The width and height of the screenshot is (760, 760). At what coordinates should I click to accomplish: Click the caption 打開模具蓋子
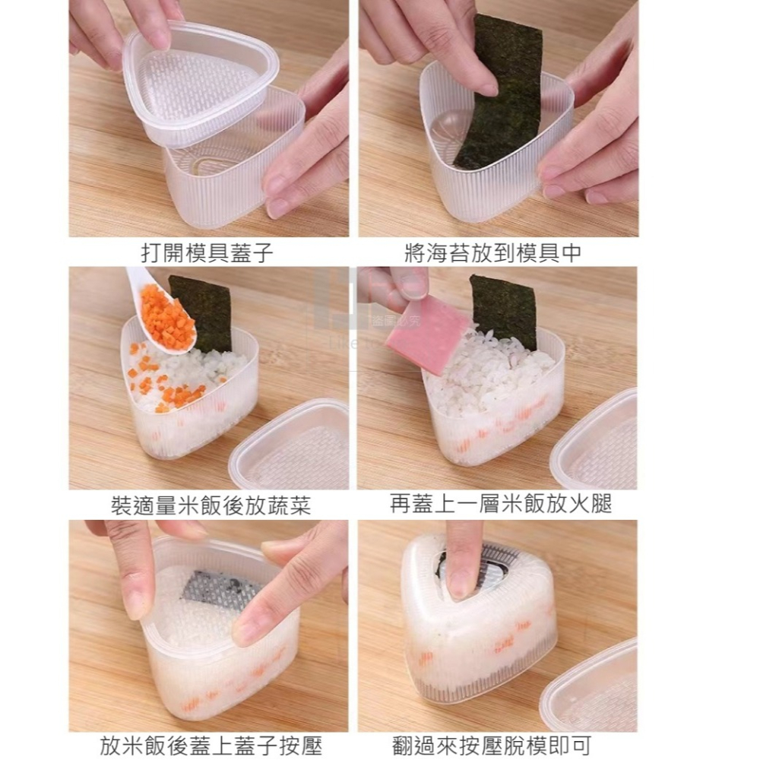[x=207, y=252]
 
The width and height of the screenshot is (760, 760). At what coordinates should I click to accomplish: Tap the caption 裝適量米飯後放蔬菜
[x=211, y=505]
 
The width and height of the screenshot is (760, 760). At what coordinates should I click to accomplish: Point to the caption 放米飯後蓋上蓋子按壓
[x=211, y=746]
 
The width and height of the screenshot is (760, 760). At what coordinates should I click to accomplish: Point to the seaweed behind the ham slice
[x=504, y=308]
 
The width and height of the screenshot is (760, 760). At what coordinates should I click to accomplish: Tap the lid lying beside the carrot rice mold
[x=293, y=448]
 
